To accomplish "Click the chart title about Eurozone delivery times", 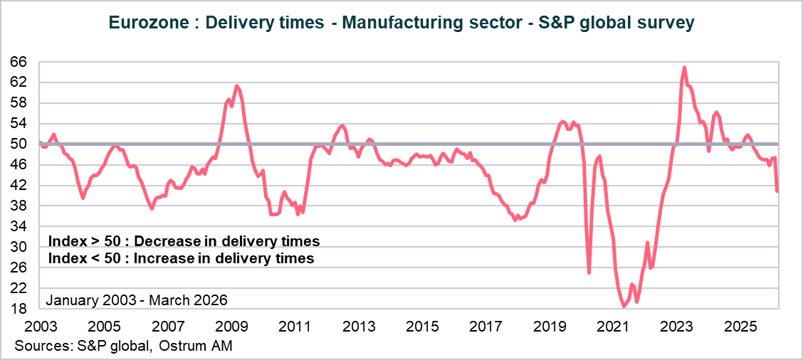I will pyautogui.click(x=401, y=23).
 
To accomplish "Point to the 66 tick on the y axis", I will pyautogui.click(x=19, y=62).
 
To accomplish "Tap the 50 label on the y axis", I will pyautogui.click(x=19, y=144).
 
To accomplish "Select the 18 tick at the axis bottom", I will pyautogui.click(x=19, y=309).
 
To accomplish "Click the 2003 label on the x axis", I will pyautogui.click(x=41, y=326).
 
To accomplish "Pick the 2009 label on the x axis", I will pyautogui.click(x=231, y=326).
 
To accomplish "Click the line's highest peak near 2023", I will pyautogui.click(x=684, y=68).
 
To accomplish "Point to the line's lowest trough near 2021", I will pyautogui.click(x=624, y=307).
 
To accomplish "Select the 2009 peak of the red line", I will pyautogui.click(x=237, y=86).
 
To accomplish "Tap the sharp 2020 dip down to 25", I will pyautogui.click(x=589, y=272).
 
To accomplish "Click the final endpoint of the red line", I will pyautogui.click(x=777, y=191).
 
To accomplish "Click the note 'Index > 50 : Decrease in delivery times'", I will pyautogui.click(x=184, y=240).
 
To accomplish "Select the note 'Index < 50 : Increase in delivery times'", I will pyautogui.click(x=181, y=258).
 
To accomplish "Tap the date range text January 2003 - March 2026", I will pyautogui.click(x=137, y=300).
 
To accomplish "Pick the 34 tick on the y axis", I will pyautogui.click(x=19, y=226).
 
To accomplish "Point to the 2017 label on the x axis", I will pyautogui.click(x=486, y=326).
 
